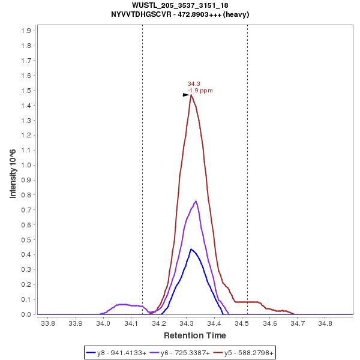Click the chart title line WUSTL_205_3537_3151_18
point(180,5)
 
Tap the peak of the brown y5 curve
point(191,95)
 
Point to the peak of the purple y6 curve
point(196,201)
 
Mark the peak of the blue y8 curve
point(191,249)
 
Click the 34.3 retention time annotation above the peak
point(194,84)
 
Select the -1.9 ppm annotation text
point(200,91)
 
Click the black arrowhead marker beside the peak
point(186,95)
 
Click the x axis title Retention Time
point(195,335)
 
